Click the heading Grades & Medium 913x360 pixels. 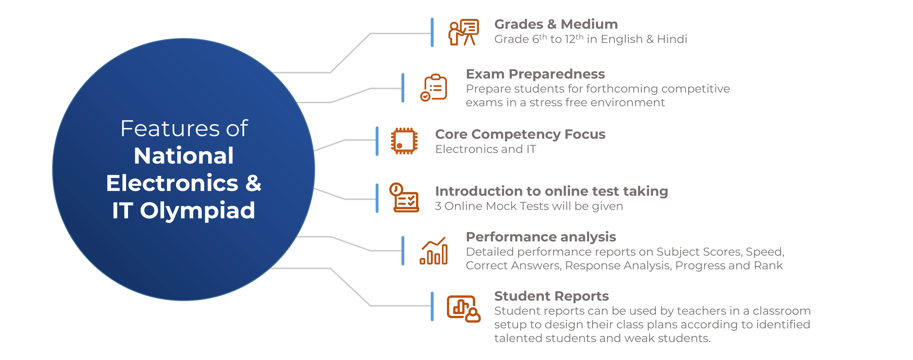pyautogui.click(x=556, y=24)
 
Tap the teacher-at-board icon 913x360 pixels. pyautogui.click(x=464, y=32)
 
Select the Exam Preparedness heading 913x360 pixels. pyautogui.click(x=535, y=74)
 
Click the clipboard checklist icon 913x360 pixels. pyautogui.click(x=433, y=88)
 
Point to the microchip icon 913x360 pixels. pyautogui.click(x=404, y=141)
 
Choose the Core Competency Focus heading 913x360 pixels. pyautogui.click(x=520, y=134)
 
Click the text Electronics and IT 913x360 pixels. pyautogui.click(x=485, y=149)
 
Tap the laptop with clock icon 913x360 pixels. pyautogui.click(x=404, y=198)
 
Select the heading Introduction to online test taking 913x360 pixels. pyautogui.click(x=551, y=191)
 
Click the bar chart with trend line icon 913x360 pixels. pyautogui.click(x=433, y=251)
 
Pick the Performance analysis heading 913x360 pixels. pyautogui.click(x=541, y=237)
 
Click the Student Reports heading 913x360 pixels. pyautogui.click(x=551, y=296)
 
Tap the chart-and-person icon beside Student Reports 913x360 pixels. pyautogui.click(x=464, y=309)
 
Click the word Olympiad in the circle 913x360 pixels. pyautogui.click(x=198, y=210)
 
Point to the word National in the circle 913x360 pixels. pyautogui.click(x=183, y=156)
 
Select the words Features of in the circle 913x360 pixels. pyautogui.click(x=184, y=128)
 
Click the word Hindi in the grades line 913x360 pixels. pyautogui.click(x=672, y=39)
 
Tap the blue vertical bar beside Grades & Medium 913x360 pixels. pyautogui.click(x=432, y=32)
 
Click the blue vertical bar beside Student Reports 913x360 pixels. pyautogui.click(x=432, y=307)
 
